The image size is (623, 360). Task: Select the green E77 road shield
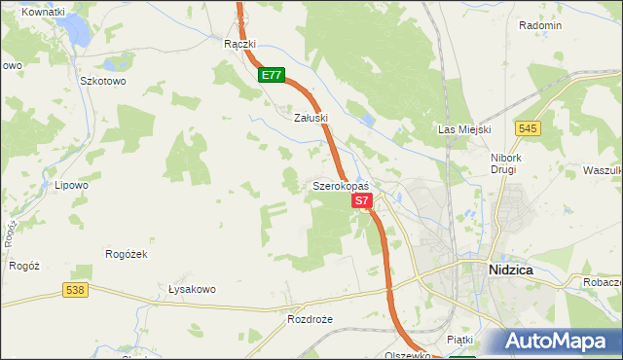[x=272, y=75]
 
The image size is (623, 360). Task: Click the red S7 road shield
[x=361, y=200]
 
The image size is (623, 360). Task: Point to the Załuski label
[x=311, y=117]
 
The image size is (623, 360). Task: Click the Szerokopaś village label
[x=340, y=185]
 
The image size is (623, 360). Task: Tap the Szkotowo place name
[x=103, y=82]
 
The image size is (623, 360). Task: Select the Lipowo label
[x=71, y=184]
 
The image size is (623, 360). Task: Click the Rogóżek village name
[x=126, y=253]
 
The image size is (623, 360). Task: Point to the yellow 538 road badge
[x=76, y=290]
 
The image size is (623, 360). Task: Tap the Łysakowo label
[x=192, y=289]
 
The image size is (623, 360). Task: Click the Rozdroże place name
[x=310, y=319]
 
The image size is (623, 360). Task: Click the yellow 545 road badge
[x=529, y=128]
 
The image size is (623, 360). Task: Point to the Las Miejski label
[x=464, y=129]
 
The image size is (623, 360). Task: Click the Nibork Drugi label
[x=507, y=162]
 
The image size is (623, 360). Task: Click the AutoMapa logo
[x=557, y=342]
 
